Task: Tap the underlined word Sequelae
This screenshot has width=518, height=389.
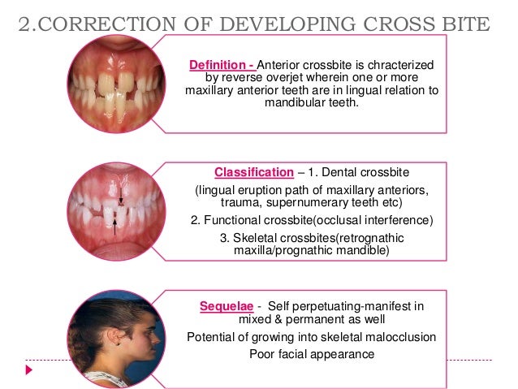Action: pyautogui.click(x=227, y=306)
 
